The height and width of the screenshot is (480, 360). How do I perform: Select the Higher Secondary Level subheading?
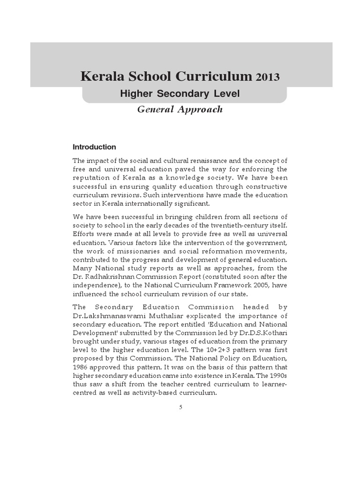(x=180, y=94)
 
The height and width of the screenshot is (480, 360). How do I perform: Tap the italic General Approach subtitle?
(x=180, y=110)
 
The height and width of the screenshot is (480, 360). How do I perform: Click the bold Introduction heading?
(x=94, y=147)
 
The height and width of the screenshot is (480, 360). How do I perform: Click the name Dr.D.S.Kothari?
(x=265, y=333)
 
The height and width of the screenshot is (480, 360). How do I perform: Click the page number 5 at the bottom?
(x=180, y=407)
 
